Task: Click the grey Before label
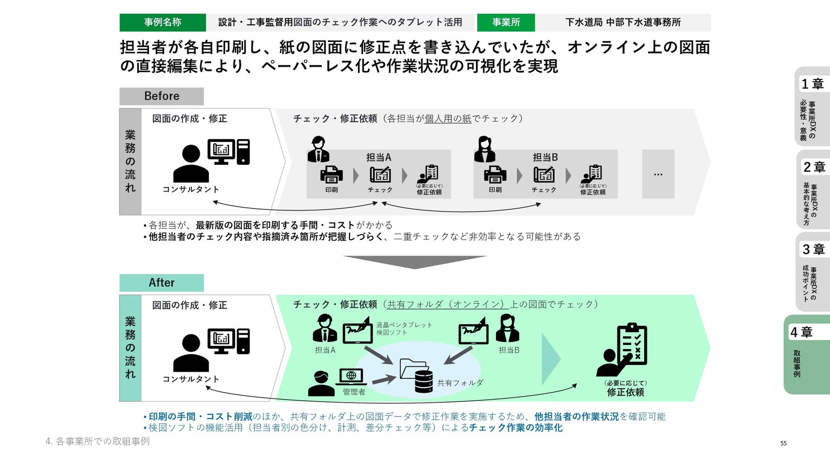[162, 96]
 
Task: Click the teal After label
[162, 283]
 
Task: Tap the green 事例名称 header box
[163, 22]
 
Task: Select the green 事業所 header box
[506, 22]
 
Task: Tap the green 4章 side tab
[807, 355]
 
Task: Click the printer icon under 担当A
[332, 175]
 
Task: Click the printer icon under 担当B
[495, 175]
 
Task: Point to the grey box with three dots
[658, 174]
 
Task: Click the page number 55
[783, 443]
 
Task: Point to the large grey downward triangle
[415, 261]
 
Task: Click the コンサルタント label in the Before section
[191, 189]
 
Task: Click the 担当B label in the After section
[509, 350]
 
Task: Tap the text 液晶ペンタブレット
[404, 325]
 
